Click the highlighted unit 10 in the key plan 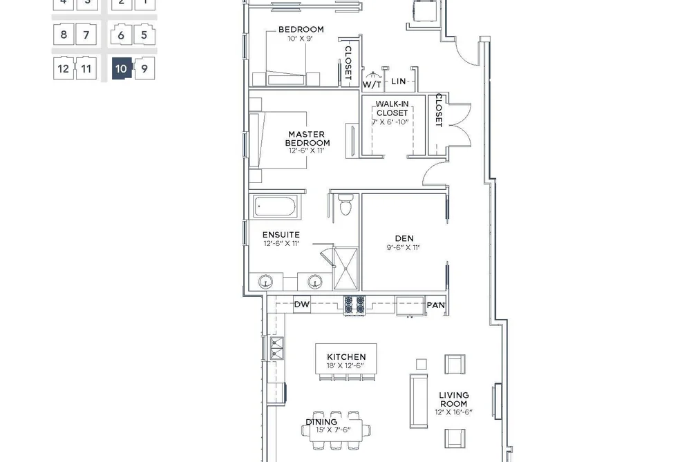pos(122,68)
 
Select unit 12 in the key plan pos(64,68)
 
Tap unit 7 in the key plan pos(86,35)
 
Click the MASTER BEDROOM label pos(307,138)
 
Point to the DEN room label pos(404,238)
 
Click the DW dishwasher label pos(302,305)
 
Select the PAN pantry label pos(436,305)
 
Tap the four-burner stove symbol pos(354,305)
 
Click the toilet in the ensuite pos(346,204)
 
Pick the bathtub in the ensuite pos(274,207)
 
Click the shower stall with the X pos(346,269)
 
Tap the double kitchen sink pos(277,348)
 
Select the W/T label pos(372,84)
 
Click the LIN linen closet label pos(399,81)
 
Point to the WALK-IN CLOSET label pos(392,108)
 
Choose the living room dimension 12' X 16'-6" pos(453,412)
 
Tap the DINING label pos(321,422)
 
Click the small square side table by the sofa pos(421,364)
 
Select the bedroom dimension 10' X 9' pos(301,39)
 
